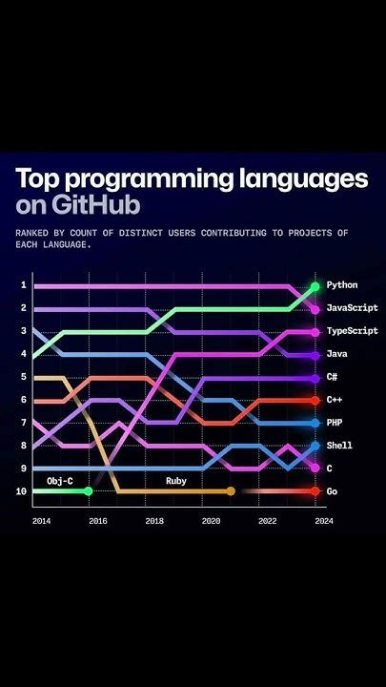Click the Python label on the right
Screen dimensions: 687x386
click(343, 285)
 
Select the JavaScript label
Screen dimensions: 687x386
click(352, 308)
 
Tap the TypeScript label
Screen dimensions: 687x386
click(352, 331)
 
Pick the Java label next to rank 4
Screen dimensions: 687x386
click(337, 354)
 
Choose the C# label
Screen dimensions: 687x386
click(332, 377)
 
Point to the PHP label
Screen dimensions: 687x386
click(335, 423)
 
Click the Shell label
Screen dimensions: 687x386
click(340, 446)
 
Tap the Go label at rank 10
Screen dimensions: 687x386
click(332, 490)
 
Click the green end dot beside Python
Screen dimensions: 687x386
click(315, 286)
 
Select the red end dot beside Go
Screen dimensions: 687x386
click(315, 490)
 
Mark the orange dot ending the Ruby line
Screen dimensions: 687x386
click(230, 490)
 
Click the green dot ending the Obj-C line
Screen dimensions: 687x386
click(88, 490)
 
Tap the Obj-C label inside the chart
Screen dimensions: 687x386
click(60, 481)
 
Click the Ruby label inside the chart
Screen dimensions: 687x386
click(176, 481)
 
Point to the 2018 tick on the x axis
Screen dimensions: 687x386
click(154, 521)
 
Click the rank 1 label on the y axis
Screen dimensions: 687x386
click(24, 285)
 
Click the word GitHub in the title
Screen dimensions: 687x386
click(98, 205)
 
